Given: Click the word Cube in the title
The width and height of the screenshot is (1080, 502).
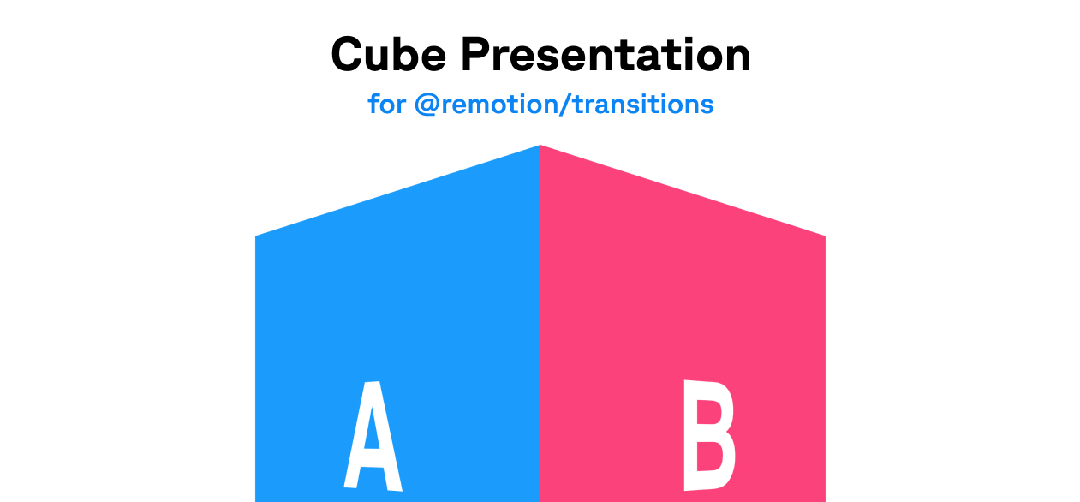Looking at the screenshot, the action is pyautogui.click(x=388, y=55).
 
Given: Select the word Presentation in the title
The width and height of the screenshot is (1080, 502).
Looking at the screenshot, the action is pyautogui.click(x=606, y=55).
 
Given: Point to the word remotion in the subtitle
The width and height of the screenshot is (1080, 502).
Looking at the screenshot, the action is pyautogui.click(x=498, y=105).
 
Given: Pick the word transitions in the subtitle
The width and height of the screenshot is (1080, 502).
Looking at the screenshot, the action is pyautogui.click(x=643, y=104).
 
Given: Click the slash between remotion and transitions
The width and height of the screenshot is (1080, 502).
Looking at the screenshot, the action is pyautogui.click(x=564, y=105).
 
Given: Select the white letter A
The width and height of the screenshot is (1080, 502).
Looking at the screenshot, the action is pyautogui.click(x=373, y=436).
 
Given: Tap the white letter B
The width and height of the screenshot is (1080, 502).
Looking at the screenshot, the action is pyautogui.click(x=709, y=435).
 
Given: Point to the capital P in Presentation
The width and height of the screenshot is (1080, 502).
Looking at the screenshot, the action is pyautogui.click(x=477, y=55).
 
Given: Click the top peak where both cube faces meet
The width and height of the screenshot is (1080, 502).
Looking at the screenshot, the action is pyautogui.click(x=540, y=145).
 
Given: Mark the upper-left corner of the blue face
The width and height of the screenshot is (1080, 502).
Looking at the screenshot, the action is pyautogui.click(x=255, y=236).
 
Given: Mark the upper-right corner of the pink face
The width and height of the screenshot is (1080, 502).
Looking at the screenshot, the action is pyautogui.click(x=825, y=236).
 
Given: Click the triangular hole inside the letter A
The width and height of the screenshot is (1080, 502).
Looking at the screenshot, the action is pyautogui.click(x=371, y=429).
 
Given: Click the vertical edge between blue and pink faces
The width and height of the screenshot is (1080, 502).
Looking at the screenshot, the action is pyautogui.click(x=540, y=324).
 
